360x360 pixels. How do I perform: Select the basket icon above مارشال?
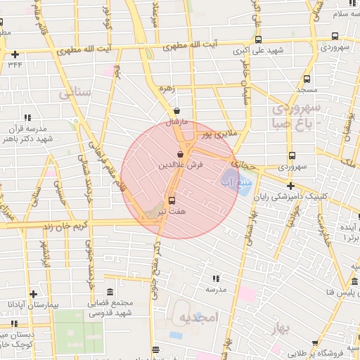(176, 110)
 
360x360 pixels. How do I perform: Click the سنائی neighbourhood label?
(75, 92)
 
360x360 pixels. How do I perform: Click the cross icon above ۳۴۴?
(15, 53)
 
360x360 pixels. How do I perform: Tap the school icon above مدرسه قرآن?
(28, 118)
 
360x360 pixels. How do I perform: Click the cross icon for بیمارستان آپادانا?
(32, 293)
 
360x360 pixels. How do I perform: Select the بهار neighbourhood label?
(283, 329)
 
